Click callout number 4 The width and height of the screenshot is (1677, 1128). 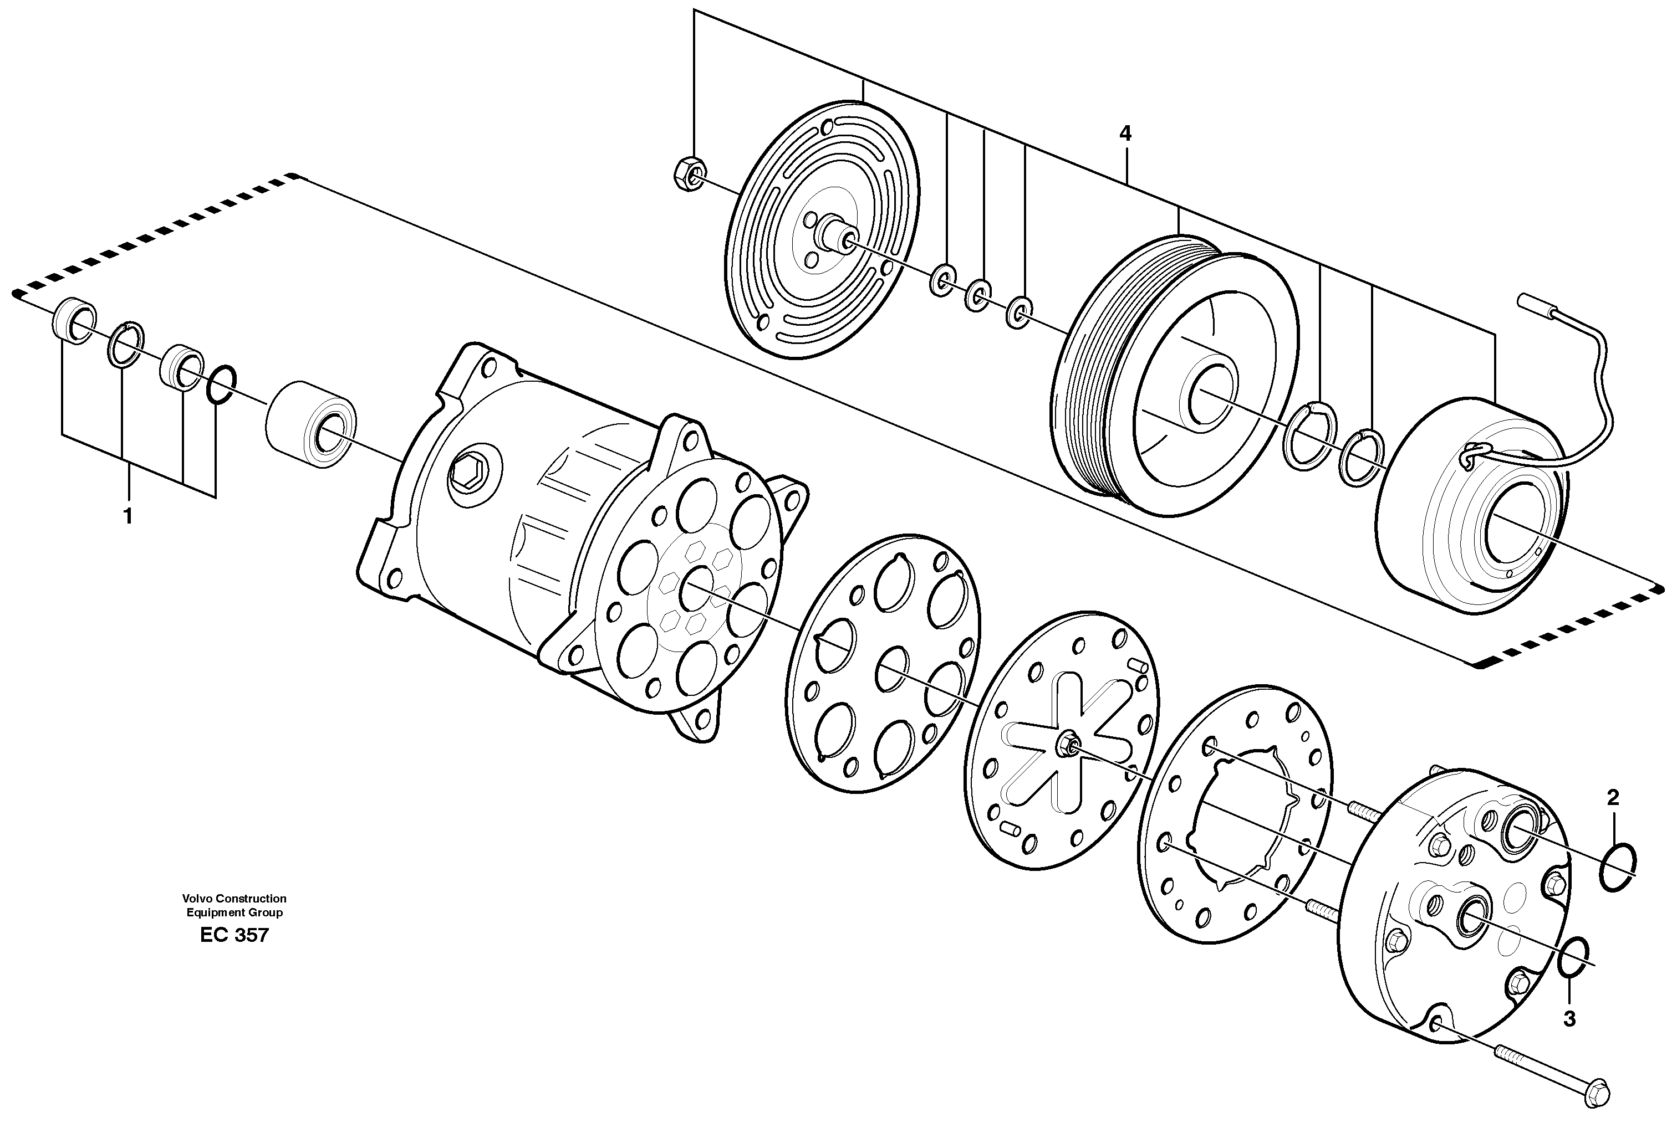(1125, 153)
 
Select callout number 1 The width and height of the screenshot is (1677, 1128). (128, 516)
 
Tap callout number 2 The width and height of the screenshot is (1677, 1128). (1613, 797)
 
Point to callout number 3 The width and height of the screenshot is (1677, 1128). (1570, 1019)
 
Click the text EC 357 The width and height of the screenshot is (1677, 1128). (235, 935)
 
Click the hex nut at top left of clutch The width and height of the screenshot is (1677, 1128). (690, 173)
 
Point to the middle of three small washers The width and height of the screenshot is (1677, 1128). (977, 294)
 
